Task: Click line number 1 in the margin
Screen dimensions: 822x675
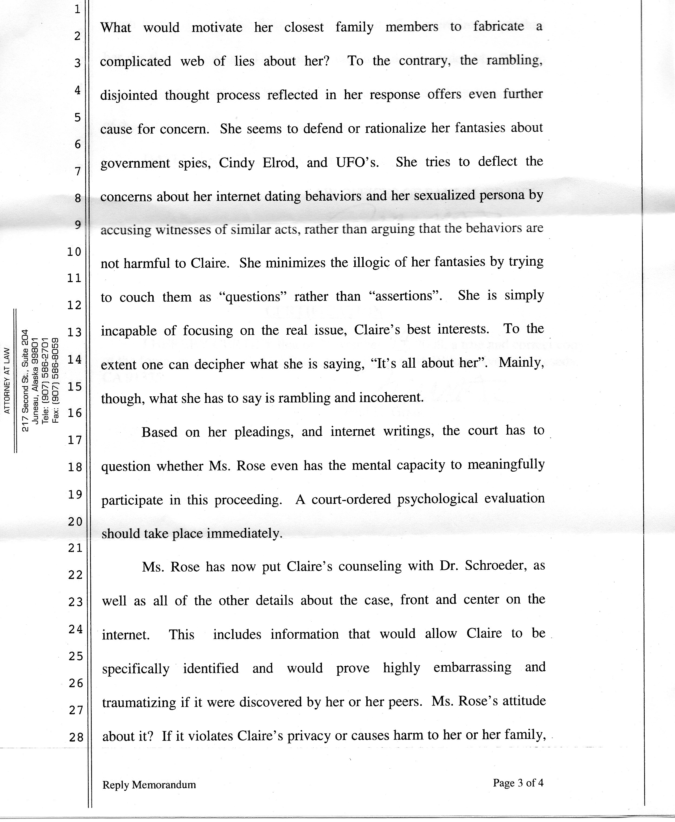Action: (x=77, y=9)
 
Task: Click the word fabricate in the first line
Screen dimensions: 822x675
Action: (x=499, y=27)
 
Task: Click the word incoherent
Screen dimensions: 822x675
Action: (x=391, y=397)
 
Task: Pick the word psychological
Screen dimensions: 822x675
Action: (x=437, y=499)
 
